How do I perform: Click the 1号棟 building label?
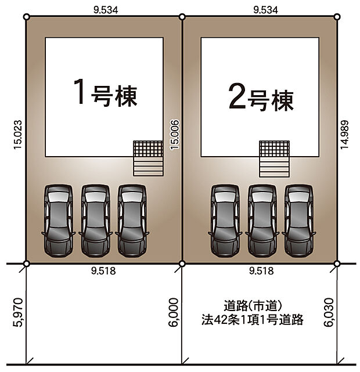105,93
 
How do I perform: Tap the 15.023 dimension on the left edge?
17,135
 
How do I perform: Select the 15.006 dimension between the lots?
174,135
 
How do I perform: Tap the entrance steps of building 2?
274,158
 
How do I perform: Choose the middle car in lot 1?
95,221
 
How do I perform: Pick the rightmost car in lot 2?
300,221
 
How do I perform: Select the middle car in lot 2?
262,221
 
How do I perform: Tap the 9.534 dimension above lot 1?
104,10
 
